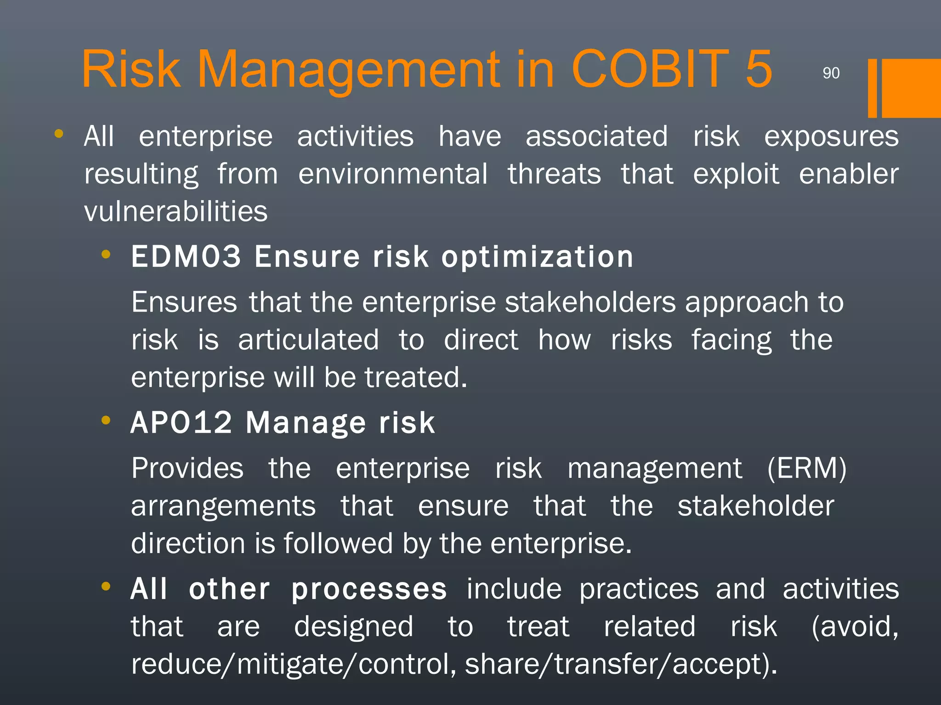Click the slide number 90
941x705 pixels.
tap(831, 73)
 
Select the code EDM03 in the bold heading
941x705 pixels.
tap(186, 256)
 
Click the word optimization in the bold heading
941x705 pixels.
tap(537, 257)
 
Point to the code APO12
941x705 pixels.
tap(181, 422)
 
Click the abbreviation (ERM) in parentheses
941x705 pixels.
tap(806, 468)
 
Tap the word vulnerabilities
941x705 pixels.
tap(176, 211)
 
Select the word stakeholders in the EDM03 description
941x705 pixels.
tap(590, 302)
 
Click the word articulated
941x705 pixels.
tap(308, 340)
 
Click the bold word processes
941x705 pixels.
tap(369, 589)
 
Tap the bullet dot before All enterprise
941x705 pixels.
tap(58, 134)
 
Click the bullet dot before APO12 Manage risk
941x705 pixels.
tap(106, 420)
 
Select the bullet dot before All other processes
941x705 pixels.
tap(106, 586)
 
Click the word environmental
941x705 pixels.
tap(393, 174)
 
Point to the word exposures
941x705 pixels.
tap(831, 136)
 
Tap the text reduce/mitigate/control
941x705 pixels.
tap(293, 664)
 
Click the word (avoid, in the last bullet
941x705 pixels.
tap(855, 627)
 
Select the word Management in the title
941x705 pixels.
tap(349, 69)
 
